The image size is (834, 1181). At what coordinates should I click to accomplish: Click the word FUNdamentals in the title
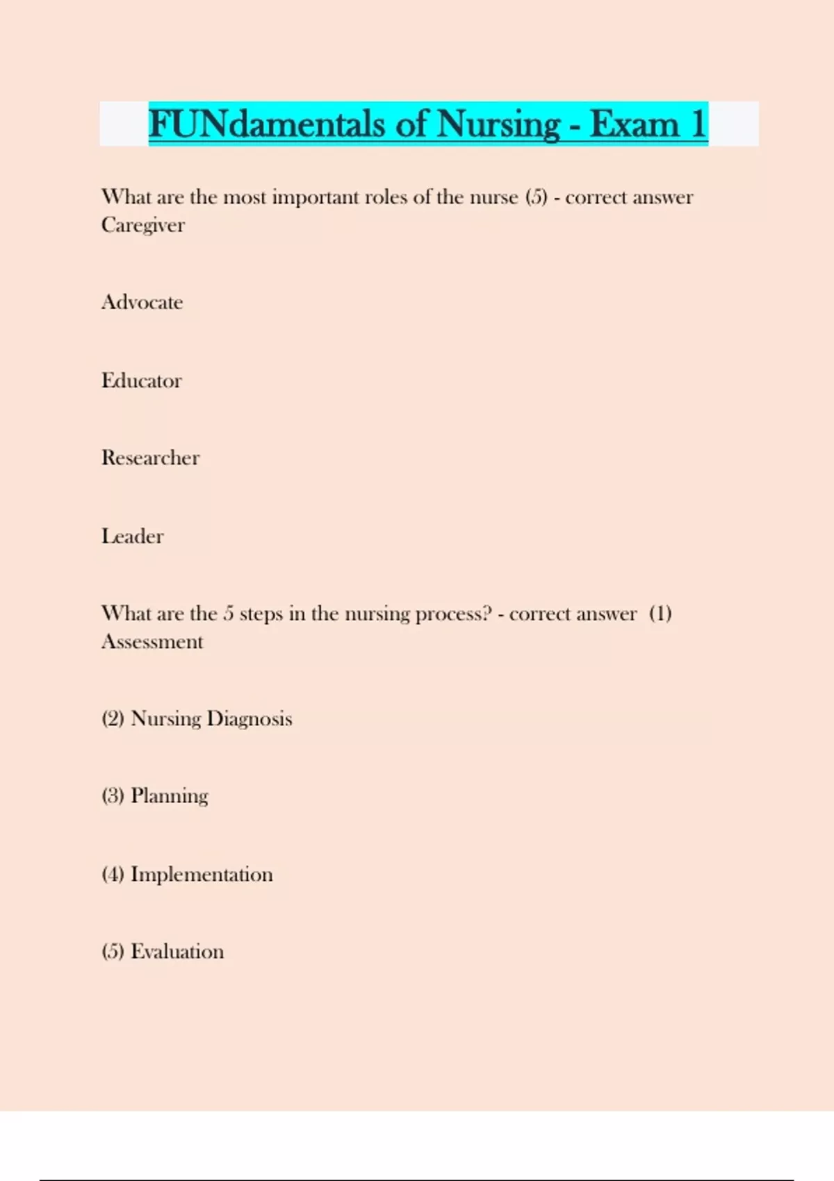pyautogui.click(x=266, y=124)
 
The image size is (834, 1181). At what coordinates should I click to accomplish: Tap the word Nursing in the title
pyautogui.click(x=498, y=124)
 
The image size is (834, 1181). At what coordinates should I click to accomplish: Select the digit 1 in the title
pyautogui.click(x=697, y=124)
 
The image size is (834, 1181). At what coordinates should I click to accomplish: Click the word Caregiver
pyautogui.click(x=143, y=225)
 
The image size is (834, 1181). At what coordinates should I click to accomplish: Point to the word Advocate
pyautogui.click(x=142, y=302)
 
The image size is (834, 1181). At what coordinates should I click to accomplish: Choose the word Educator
pyautogui.click(x=142, y=381)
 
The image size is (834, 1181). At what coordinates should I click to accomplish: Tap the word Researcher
pyautogui.click(x=151, y=458)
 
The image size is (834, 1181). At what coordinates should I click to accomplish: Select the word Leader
pyautogui.click(x=133, y=536)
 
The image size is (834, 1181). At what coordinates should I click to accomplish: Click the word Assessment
pyautogui.click(x=152, y=641)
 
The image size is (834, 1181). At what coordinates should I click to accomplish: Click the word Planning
pyautogui.click(x=170, y=796)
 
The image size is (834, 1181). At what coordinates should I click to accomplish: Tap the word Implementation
pyautogui.click(x=202, y=874)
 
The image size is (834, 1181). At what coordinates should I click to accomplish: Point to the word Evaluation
pyautogui.click(x=177, y=952)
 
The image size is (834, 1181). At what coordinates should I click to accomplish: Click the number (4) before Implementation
pyautogui.click(x=113, y=874)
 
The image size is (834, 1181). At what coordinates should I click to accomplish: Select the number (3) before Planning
pyautogui.click(x=113, y=796)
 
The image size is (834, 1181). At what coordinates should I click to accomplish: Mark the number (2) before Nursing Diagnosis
pyautogui.click(x=113, y=718)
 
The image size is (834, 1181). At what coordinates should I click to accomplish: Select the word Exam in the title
pyautogui.click(x=634, y=124)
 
